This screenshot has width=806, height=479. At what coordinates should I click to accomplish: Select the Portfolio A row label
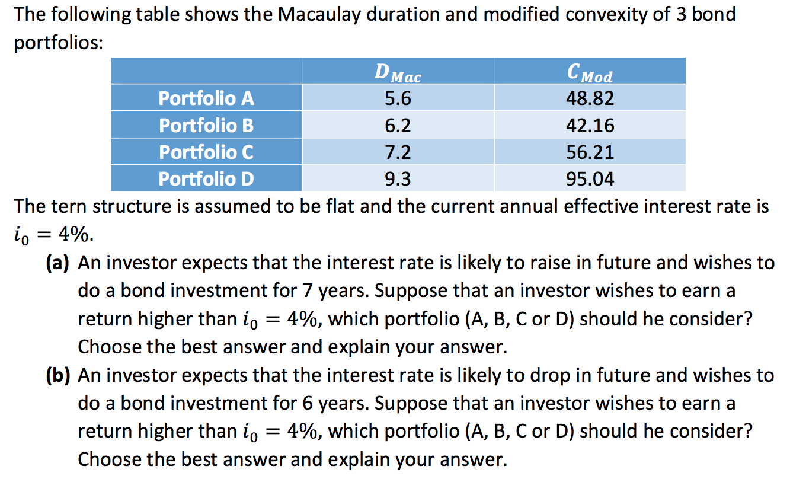[x=206, y=98]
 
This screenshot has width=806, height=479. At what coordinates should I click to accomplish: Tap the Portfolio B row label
[x=206, y=126]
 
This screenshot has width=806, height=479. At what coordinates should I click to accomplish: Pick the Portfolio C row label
[x=206, y=152]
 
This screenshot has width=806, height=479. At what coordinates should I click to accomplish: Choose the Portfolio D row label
[x=206, y=178]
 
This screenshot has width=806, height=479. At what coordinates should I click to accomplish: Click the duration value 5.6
[x=398, y=98]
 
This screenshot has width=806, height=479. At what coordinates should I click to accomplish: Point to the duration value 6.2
[x=398, y=126]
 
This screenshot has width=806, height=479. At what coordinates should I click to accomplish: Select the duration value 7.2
[x=398, y=152]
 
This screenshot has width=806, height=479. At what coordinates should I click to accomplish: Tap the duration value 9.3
[x=398, y=178]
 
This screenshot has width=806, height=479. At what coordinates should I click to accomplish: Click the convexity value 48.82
[x=590, y=98]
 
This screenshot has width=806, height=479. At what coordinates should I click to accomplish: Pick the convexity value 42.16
[x=590, y=126]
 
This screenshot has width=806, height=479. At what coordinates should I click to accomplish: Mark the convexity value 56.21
[x=590, y=152]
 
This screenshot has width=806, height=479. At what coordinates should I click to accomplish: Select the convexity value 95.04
[x=590, y=178]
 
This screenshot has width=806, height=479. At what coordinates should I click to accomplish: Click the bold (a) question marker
[x=59, y=263]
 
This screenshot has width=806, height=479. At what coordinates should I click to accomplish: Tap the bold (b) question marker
[x=59, y=376]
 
